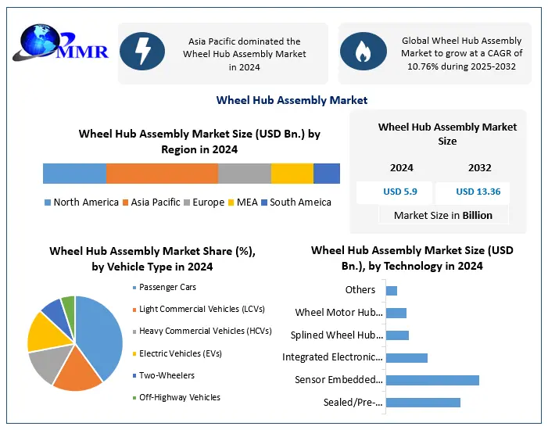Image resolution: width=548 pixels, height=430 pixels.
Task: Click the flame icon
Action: point(363,52)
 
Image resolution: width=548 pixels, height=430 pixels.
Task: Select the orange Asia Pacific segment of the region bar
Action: point(162,174)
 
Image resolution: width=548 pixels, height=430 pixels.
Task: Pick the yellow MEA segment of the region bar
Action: point(292,174)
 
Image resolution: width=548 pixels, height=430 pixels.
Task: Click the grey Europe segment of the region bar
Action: point(244,174)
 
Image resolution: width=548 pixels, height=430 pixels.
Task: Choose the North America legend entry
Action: point(81,202)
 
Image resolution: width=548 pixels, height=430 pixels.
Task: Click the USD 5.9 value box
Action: point(393,192)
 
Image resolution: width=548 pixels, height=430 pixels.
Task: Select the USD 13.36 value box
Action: point(478,192)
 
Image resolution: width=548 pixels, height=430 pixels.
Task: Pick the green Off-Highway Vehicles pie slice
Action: point(69,305)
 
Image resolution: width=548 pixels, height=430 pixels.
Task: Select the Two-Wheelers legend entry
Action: point(166,375)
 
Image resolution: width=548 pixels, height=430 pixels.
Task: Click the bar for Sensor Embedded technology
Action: point(432,380)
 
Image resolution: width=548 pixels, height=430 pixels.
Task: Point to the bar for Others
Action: point(392,291)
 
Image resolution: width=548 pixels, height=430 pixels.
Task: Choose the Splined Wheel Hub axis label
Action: point(336,335)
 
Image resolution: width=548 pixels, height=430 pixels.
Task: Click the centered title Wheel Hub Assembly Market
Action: point(292,100)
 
